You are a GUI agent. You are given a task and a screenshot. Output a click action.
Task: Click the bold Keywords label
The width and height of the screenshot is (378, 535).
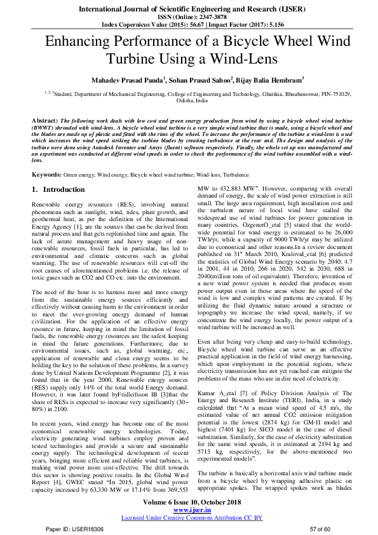[x=46, y=173]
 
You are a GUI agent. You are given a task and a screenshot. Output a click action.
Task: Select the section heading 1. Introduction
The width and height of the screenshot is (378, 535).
[x=58, y=190]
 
